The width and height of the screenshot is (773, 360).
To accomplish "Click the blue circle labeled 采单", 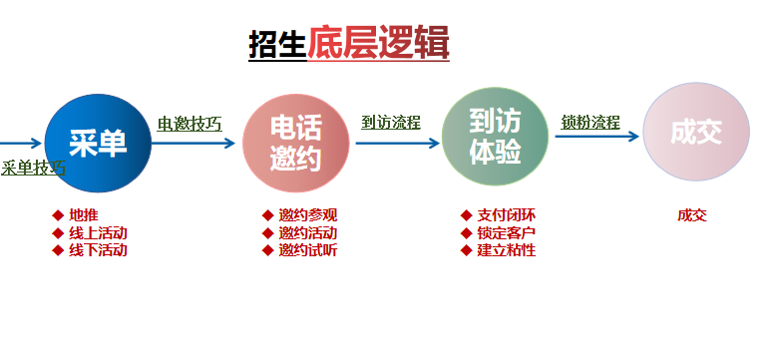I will click(x=98, y=143).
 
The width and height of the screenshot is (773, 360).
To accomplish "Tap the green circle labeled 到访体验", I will click(x=495, y=137).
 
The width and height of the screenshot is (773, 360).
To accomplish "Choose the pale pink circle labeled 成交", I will click(x=695, y=133).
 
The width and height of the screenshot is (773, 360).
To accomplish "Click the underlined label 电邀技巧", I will click(x=190, y=124).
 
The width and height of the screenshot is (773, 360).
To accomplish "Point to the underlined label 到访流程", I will click(x=391, y=123).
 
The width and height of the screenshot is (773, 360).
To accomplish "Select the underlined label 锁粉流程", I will click(x=590, y=123).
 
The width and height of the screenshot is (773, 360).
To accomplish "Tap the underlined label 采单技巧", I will click(x=33, y=168).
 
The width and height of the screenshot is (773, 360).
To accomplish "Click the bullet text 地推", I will click(x=84, y=214).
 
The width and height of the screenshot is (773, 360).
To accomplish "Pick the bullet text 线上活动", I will click(x=98, y=232).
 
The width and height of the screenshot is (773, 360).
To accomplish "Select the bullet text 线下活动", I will click(x=98, y=250).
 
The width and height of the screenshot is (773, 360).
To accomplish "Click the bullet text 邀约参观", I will click(x=308, y=214).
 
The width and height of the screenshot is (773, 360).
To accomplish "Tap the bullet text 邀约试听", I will click(x=308, y=250).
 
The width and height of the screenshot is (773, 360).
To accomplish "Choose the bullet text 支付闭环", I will click(x=507, y=214).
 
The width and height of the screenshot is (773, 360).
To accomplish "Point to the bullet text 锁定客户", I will click(x=507, y=232).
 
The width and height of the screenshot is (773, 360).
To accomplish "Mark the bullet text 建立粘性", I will click(x=507, y=250).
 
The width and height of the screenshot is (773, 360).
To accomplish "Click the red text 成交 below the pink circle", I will click(x=691, y=214).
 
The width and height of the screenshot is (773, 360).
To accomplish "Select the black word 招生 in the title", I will click(x=277, y=45).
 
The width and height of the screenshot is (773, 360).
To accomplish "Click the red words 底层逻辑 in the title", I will click(x=378, y=43).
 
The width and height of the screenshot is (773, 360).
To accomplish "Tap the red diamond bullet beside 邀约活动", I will click(x=267, y=232).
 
